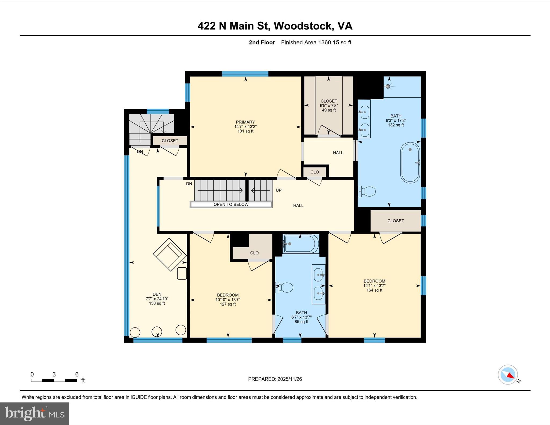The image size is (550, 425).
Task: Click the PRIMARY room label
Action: (245, 122)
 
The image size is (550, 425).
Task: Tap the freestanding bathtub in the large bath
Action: (410, 163)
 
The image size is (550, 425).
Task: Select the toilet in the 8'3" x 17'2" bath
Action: (367, 191)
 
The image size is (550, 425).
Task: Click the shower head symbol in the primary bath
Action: (388, 86)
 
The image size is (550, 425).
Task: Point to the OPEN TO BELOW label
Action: (231, 205)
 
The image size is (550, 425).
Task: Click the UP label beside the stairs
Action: (278, 190)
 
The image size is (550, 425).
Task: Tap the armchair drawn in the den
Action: (170, 254)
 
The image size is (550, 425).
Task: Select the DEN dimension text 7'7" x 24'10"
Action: (157, 299)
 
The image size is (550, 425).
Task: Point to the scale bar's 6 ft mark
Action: (77, 375)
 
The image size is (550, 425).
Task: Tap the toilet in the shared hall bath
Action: (284, 288)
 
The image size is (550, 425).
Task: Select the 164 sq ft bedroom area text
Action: (374, 290)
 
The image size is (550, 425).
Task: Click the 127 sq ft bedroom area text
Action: (228, 304)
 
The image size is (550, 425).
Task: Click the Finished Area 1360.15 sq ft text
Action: (316, 42)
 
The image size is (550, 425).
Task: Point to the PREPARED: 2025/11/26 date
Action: (275, 379)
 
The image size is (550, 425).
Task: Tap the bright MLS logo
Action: (34, 413)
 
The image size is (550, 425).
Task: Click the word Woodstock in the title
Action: (302, 26)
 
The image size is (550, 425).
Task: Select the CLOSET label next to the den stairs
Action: (170, 141)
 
